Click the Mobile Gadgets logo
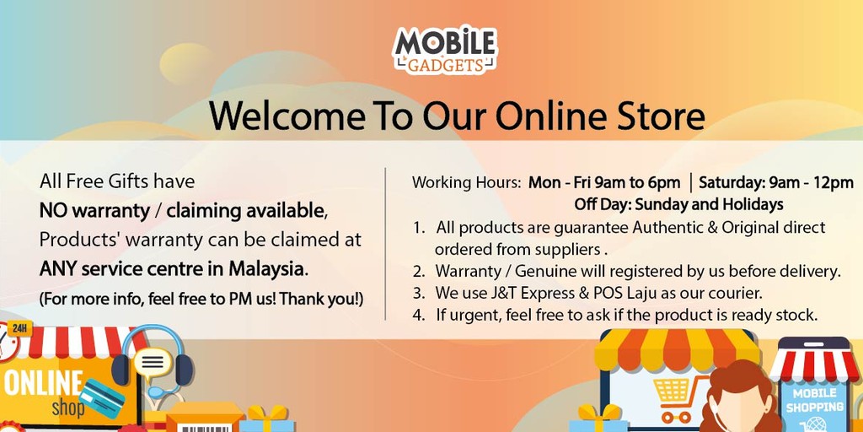445,48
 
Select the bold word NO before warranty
54,210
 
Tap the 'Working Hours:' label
466,182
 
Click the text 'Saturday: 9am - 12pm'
776,182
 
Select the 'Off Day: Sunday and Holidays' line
678,204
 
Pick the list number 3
419,294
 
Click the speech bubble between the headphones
152,363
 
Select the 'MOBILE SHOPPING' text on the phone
814,401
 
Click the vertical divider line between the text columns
385,245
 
